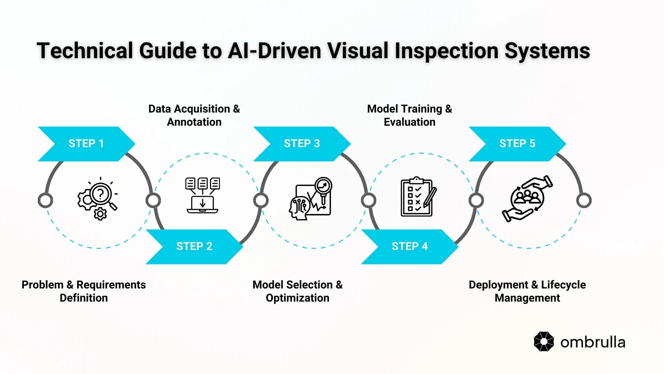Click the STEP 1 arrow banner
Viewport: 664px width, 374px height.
pos(86,143)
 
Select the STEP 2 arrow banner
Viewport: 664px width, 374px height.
pos(194,246)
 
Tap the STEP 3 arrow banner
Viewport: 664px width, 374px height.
pos(302,143)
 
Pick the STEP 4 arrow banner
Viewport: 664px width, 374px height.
pos(409,246)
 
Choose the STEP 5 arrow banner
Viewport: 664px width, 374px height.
pos(517,143)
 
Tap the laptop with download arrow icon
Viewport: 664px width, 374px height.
pos(203,196)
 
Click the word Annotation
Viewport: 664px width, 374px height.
pos(194,122)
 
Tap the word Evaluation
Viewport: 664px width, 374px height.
pos(409,122)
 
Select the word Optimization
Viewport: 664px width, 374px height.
pos(297,298)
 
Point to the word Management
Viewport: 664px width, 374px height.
pos(527,298)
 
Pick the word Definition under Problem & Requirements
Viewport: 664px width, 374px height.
pos(84,298)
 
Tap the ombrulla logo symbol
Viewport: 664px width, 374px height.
pos(544,341)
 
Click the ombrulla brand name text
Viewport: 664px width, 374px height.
pos(593,342)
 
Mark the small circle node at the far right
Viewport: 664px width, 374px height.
pos(584,201)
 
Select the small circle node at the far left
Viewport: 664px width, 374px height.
pos(45,201)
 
